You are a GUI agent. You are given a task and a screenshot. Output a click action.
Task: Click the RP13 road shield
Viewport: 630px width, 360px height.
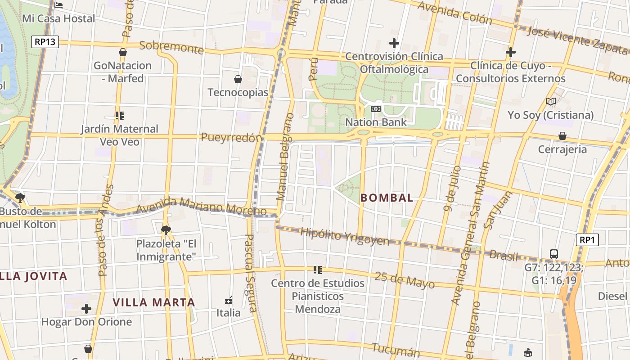pyautogui.click(x=45, y=42)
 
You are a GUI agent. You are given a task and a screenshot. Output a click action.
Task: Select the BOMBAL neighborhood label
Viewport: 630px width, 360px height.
pyautogui.click(x=387, y=198)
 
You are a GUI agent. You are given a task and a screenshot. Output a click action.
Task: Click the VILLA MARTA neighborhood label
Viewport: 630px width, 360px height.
pyautogui.click(x=154, y=302)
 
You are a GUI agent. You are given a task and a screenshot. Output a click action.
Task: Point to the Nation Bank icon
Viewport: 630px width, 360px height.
pyautogui.click(x=375, y=109)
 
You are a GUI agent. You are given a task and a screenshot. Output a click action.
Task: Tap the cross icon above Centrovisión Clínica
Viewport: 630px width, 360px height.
pyautogui.click(x=394, y=43)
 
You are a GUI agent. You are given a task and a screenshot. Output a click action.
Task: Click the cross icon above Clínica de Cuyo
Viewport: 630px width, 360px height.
pyautogui.click(x=510, y=52)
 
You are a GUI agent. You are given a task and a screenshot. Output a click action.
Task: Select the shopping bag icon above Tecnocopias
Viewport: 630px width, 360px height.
pyautogui.click(x=238, y=80)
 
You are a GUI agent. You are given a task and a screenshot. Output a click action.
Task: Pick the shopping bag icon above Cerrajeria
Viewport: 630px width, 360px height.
pyautogui.click(x=562, y=136)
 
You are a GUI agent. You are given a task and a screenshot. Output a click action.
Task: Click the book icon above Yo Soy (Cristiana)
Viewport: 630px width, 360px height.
pyautogui.click(x=551, y=102)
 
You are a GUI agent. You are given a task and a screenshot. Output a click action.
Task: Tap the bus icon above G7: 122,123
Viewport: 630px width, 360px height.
pyautogui.click(x=554, y=254)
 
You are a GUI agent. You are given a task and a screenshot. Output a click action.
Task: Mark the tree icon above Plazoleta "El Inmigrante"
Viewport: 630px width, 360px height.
pyautogui.click(x=166, y=230)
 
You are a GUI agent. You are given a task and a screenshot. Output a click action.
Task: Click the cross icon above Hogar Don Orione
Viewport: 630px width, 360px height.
pyautogui.click(x=86, y=309)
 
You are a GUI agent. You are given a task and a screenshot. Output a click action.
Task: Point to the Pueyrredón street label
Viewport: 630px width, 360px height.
pyautogui.click(x=231, y=137)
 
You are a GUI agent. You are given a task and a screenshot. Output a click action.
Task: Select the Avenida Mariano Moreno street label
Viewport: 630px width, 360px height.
pyautogui.click(x=201, y=207)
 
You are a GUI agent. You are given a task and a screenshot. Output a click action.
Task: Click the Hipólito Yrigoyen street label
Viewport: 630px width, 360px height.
pyautogui.click(x=344, y=237)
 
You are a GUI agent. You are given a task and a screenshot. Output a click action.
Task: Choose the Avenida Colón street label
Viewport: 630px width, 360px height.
pyautogui.click(x=455, y=13)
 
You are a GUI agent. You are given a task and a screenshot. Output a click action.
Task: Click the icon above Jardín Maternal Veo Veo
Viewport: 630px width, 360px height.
pyautogui.click(x=119, y=116)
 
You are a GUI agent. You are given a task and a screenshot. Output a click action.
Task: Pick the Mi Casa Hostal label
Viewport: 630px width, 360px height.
pyautogui.click(x=58, y=18)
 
